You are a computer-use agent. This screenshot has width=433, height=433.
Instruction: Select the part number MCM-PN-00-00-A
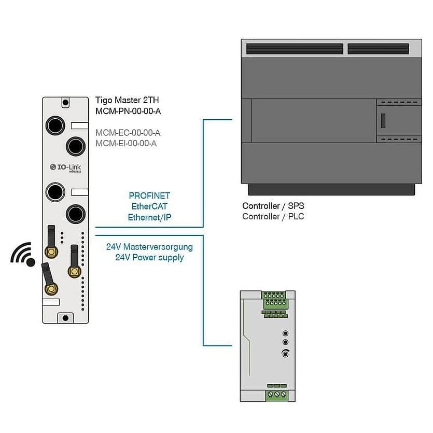pos(130,111)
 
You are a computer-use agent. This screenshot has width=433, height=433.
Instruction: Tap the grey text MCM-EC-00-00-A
pos(128,133)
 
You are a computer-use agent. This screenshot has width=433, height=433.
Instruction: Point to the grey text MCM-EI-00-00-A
pos(126,143)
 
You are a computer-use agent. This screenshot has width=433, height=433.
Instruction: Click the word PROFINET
pos(149,196)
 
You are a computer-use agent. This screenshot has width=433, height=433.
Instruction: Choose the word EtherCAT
pos(149,206)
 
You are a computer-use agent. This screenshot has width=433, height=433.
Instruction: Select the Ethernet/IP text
pos(149,217)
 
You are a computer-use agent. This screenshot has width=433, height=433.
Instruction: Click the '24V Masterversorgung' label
pos(149,247)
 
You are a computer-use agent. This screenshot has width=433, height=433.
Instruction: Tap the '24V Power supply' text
pos(149,257)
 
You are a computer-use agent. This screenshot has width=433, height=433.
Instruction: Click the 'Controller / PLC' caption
pos(273,216)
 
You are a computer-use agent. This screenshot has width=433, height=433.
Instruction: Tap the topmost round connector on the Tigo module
pos(54,125)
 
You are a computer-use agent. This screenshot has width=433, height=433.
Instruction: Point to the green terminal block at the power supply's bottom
pos(276,394)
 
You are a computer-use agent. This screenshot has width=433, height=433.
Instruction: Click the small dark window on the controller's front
pos(383,120)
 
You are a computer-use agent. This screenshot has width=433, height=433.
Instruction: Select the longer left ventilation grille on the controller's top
pos(295,49)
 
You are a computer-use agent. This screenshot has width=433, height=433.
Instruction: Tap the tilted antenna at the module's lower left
pos(49,280)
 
